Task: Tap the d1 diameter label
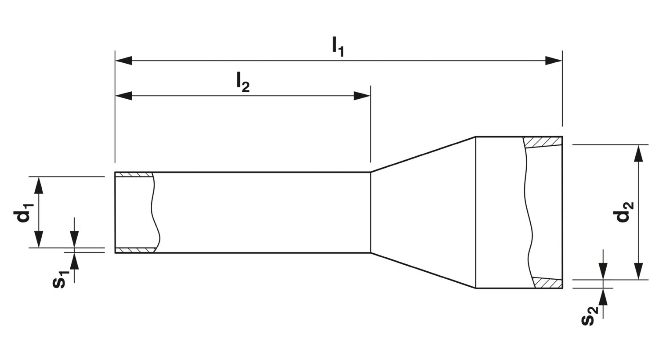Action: point(24,212)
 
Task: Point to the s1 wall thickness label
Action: point(61,280)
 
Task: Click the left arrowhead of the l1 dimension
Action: point(123,61)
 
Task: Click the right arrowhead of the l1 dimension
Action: point(554,61)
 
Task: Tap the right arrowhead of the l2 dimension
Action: point(362,96)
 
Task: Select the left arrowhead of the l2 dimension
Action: point(123,96)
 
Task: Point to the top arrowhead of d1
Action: point(39,185)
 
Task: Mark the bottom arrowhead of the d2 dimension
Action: point(638,271)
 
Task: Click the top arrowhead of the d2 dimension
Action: point(638,153)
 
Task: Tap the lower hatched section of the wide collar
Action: point(548,283)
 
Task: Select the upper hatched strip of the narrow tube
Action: point(134,175)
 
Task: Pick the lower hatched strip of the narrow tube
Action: point(135,250)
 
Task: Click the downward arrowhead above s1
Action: point(74,240)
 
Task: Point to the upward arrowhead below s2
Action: point(603,297)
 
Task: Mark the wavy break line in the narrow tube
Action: point(156,212)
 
